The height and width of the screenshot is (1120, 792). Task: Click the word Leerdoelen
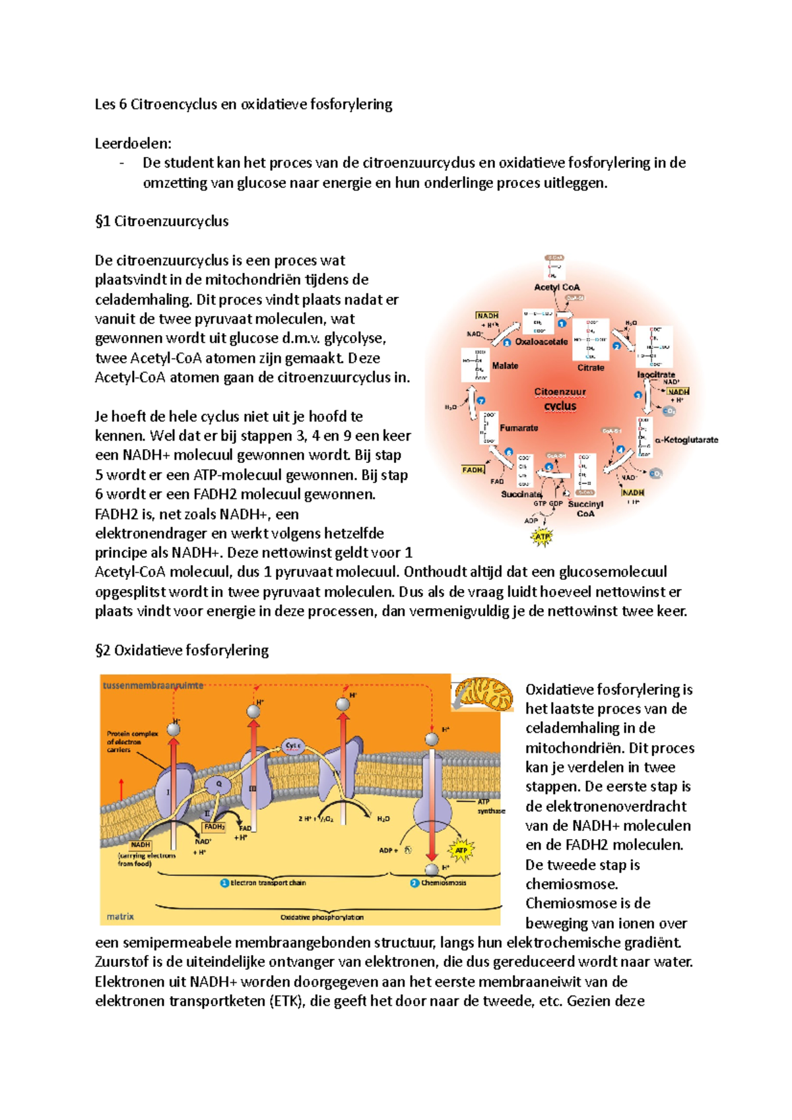[133, 143]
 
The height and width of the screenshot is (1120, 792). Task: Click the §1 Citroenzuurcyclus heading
[162, 221]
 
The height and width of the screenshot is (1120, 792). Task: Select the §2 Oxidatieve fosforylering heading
[181, 650]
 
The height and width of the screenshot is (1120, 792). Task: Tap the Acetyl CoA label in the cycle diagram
[556, 287]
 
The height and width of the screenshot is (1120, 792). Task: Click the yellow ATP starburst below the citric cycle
[542, 537]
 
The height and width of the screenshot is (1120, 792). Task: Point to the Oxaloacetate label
[541, 342]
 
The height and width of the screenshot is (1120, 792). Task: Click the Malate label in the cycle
[505, 365]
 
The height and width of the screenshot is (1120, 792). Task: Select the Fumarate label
[519, 427]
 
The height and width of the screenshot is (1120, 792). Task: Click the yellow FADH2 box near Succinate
[473, 470]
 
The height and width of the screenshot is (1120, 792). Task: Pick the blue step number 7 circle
[480, 400]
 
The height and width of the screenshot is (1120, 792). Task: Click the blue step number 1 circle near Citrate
[562, 323]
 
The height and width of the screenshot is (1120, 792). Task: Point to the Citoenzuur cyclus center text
[560, 398]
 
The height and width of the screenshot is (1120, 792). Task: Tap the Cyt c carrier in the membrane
[293, 746]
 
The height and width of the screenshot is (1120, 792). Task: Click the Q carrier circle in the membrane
[218, 784]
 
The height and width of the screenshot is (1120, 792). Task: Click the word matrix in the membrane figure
[120, 916]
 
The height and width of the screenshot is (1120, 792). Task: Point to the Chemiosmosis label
[443, 883]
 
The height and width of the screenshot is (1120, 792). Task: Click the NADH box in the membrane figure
[141, 844]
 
